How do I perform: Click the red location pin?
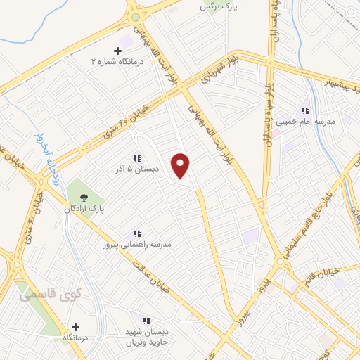point(181,165)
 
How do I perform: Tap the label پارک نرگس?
point(216,7)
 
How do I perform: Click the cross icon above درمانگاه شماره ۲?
point(117,51)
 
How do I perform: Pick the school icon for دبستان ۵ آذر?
point(138,159)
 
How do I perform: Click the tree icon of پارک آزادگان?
point(85,198)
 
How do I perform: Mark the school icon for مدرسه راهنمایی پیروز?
point(138,233)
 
